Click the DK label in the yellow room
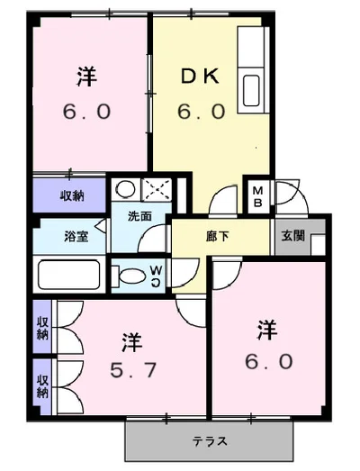click(201, 78)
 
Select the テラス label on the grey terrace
click(209, 441)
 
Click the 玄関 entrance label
click(292, 237)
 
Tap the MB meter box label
click(257, 195)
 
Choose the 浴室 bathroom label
click(76, 238)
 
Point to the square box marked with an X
click(155, 190)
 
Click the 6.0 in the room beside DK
click(87, 113)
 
